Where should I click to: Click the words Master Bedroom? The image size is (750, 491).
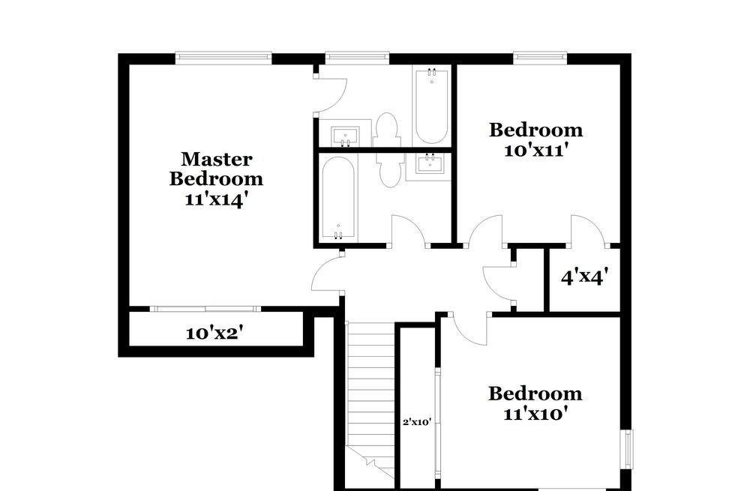click(216, 169)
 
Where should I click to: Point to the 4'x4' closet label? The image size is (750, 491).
click(584, 277)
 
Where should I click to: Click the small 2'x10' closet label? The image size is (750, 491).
click(416, 422)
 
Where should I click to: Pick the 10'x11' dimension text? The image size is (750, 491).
click(535, 149)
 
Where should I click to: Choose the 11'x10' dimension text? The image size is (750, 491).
click(535, 413)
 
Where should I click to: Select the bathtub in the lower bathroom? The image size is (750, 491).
click(339, 199)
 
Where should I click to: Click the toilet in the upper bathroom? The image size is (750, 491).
click(387, 130)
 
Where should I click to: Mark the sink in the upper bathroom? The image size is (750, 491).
click(345, 136)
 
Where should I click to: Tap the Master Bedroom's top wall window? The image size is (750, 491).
click(223, 55)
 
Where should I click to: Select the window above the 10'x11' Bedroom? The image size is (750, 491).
click(538, 55)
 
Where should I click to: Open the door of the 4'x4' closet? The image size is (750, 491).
click(587, 229)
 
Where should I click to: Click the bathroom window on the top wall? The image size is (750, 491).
click(357, 55)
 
